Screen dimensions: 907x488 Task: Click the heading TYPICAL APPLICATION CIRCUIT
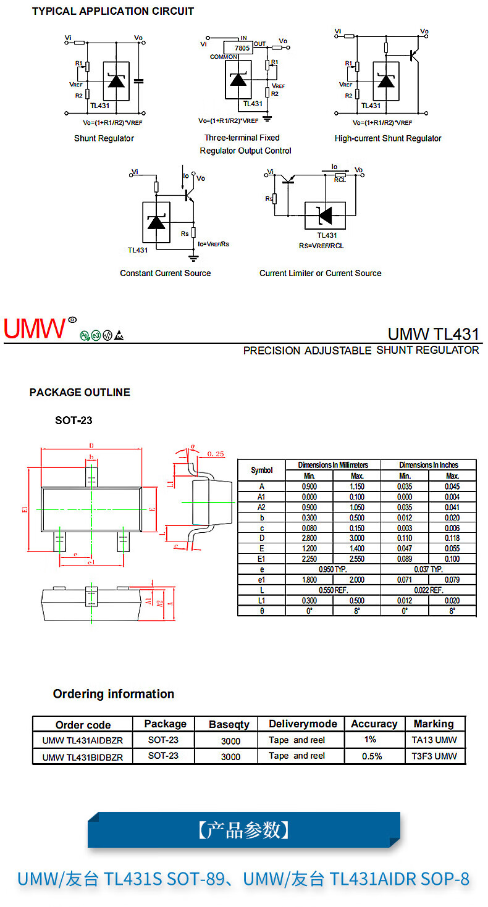(x=112, y=11)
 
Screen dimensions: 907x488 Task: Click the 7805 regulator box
(x=237, y=48)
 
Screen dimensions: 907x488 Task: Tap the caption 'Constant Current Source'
(x=165, y=273)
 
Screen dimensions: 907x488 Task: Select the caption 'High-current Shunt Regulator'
(x=388, y=138)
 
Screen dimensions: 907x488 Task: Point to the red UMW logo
(x=35, y=328)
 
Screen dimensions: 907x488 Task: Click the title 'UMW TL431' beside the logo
(x=433, y=334)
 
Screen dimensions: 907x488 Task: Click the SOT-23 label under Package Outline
(x=74, y=420)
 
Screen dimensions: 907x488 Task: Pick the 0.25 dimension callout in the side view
(x=216, y=454)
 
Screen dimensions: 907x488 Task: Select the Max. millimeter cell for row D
(x=357, y=538)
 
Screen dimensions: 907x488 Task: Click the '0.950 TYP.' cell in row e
(x=332, y=569)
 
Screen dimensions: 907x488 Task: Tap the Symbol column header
(x=262, y=470)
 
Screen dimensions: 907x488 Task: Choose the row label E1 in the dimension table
(x=262, y=559)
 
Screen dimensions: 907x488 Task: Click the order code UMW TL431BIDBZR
(x=82, y=757)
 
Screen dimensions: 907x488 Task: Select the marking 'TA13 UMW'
(x=434, y=740)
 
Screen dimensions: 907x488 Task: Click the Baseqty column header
(x=229, y=724)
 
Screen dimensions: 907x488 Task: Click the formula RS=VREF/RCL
(x=322, y=246)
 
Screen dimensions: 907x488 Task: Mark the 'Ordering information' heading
(x=114, y=694)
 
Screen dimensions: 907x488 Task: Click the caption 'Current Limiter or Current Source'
(x=320, y=273)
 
